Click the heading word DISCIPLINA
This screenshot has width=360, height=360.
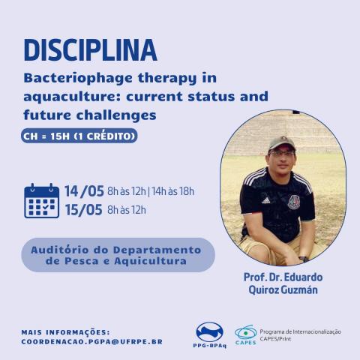point(90,49)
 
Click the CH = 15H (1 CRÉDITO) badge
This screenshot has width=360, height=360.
point(79,137)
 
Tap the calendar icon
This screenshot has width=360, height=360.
point(42,200)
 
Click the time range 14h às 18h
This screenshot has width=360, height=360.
point(173,191)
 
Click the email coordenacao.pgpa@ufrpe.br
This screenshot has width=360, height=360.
point(92,341)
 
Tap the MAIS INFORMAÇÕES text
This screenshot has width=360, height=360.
point(66,331)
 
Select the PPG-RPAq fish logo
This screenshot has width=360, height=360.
point(209,332)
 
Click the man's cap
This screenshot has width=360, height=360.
point(282,142)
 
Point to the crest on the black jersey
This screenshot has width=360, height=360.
point(294,202)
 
